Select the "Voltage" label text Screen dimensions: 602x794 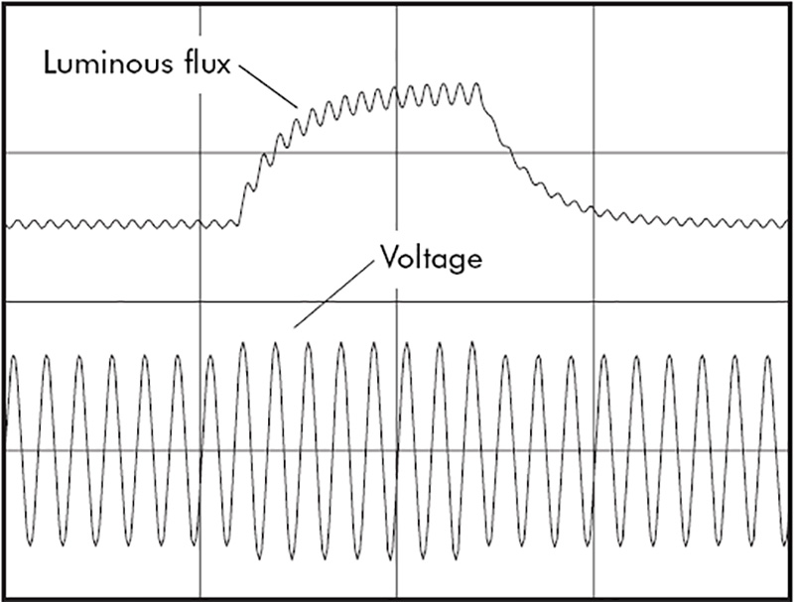click(x=430, y=260)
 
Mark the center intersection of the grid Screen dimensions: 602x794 click(x=396, y=301)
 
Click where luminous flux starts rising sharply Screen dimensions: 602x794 click(x=238, y=221)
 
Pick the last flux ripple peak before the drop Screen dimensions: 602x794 click(x=479, y=85)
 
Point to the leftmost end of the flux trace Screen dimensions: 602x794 click(x=6, y=226)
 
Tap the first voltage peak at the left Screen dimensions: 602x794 click(x=13, y=355)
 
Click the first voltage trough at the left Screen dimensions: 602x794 click(x=30, y=544)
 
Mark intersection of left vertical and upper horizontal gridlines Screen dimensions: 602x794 click(x=200, y=154)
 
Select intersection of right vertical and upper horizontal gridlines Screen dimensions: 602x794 click(x=593, y=154)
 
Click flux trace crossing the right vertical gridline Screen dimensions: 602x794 click(x=593, y=209)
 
